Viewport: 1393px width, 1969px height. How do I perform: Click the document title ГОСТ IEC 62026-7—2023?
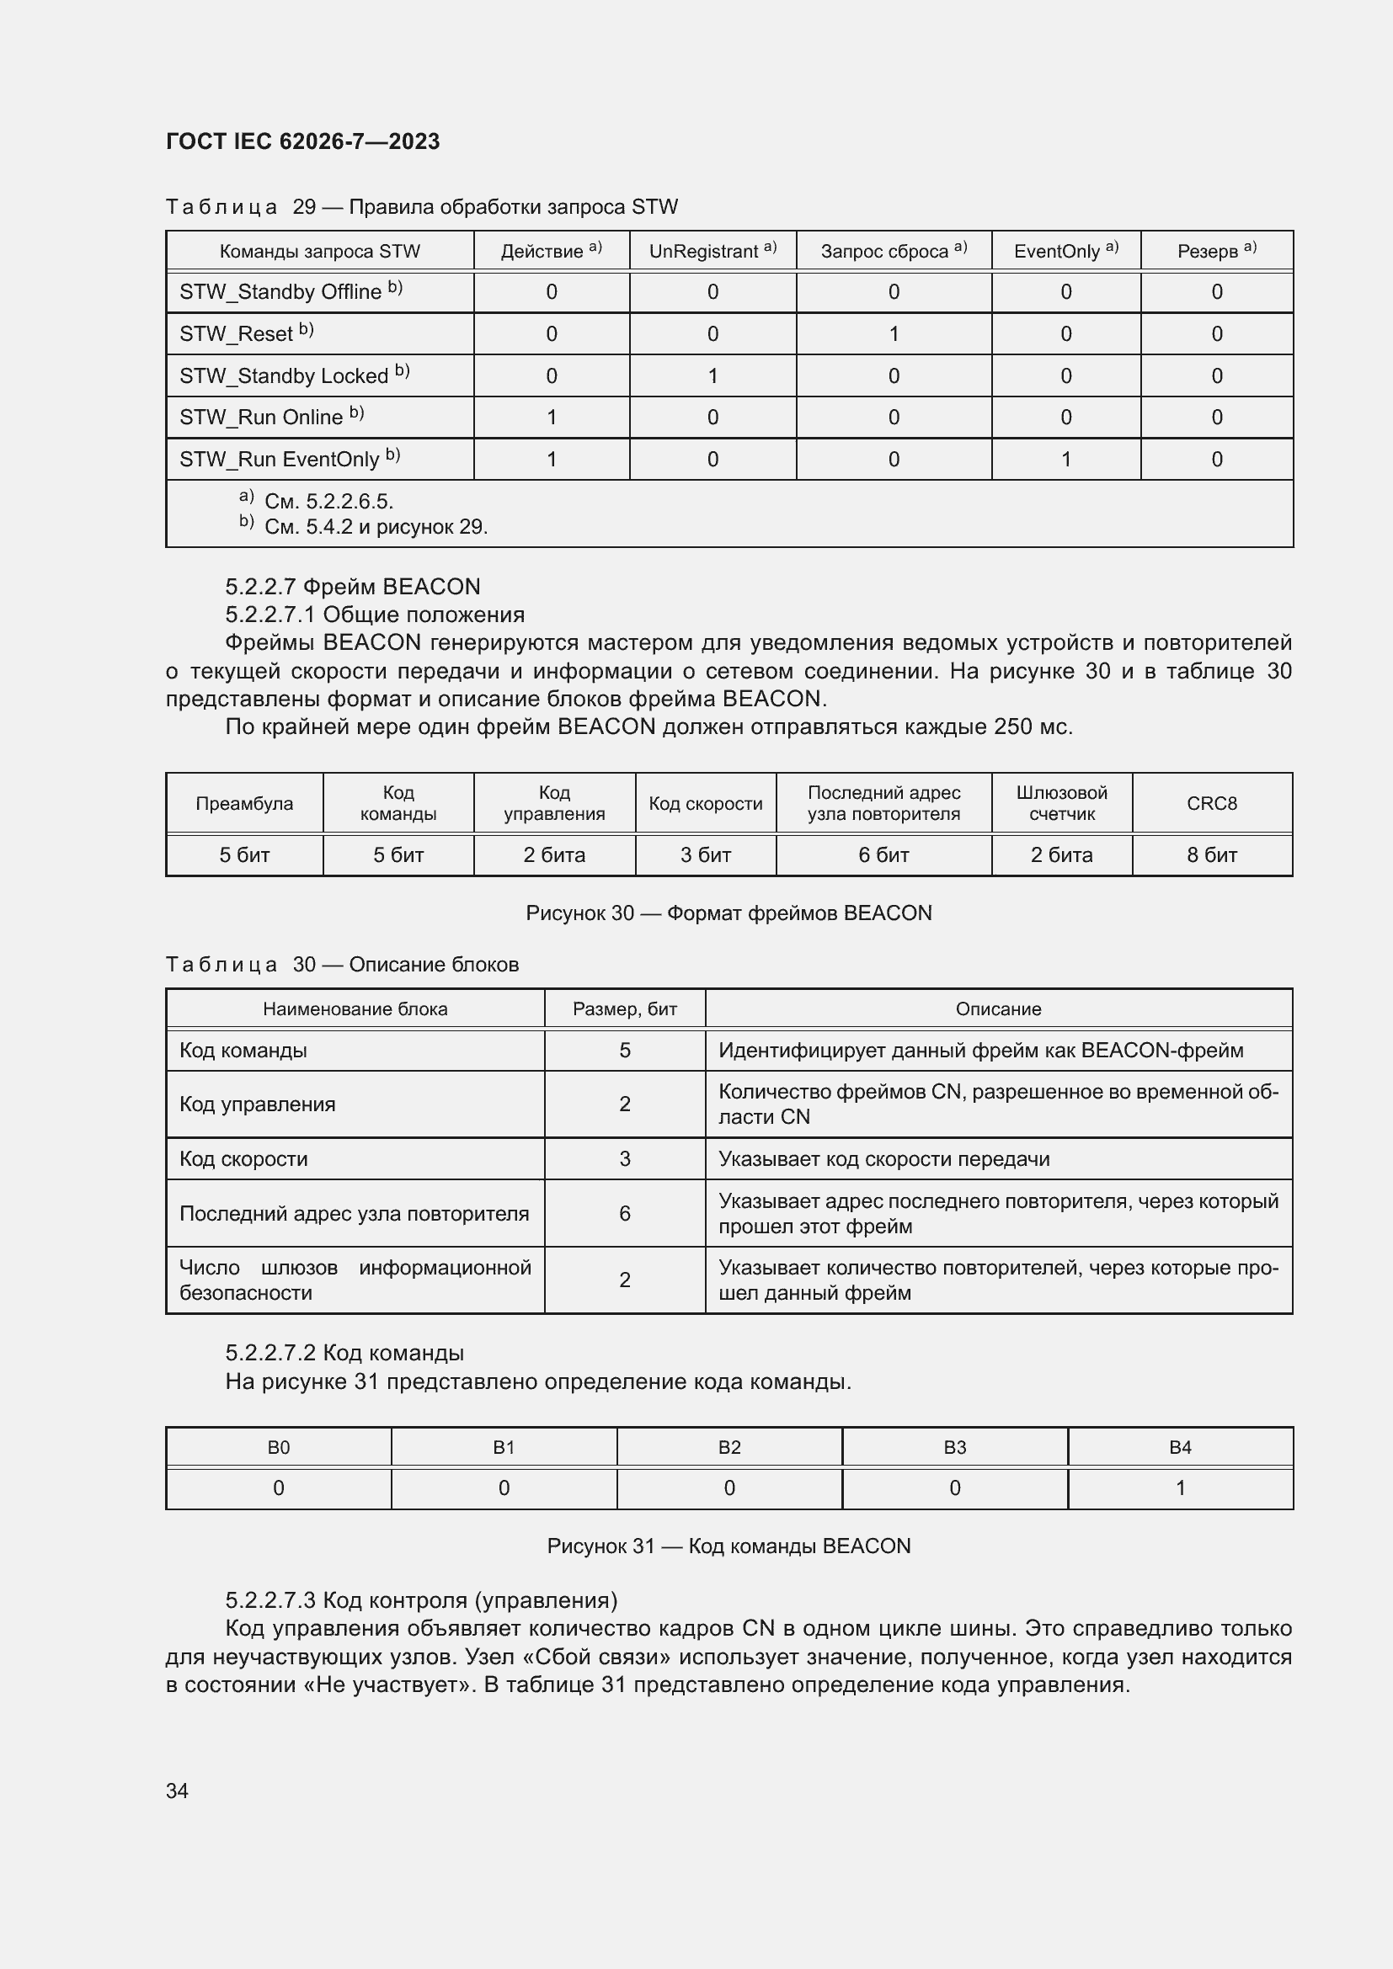(302, 141)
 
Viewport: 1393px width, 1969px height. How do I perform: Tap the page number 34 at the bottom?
(177, 1791)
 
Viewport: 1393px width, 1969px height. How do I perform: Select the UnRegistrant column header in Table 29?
(712, 251)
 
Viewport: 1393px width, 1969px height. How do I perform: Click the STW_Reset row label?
(246, 333)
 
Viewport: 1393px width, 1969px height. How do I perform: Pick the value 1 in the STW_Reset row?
(893, 333)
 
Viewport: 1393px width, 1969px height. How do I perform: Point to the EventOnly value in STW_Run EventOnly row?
(1065, 460)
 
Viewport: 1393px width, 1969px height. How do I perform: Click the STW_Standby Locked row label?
(294, 375)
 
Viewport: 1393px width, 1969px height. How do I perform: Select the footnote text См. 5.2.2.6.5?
(328, 502)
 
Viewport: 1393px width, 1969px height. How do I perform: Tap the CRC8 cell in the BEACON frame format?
(1211, 804)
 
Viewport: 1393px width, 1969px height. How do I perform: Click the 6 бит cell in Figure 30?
(883, 855)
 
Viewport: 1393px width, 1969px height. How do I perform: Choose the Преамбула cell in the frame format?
(244, 804)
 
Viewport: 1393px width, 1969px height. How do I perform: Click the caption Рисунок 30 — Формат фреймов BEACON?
(729, 913)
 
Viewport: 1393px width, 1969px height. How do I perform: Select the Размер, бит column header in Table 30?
(624, 1009)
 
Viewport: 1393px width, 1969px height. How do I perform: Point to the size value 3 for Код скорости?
(624, 1159)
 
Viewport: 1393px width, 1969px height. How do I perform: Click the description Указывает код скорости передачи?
(883, 1159)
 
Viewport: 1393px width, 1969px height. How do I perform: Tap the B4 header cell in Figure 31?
(1179, 1448)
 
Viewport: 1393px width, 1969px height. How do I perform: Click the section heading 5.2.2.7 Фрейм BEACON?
(353, 587)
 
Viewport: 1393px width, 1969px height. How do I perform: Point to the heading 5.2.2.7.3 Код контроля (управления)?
(421, 1600)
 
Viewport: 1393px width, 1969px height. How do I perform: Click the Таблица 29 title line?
(421, 207)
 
